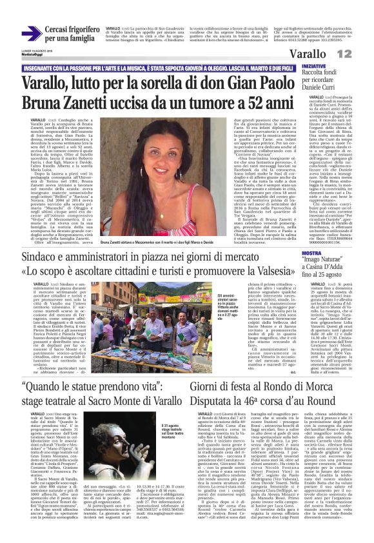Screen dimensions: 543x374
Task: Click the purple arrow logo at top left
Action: (x=31, y=34)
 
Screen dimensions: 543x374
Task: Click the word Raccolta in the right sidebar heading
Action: (x=315, y=75)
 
